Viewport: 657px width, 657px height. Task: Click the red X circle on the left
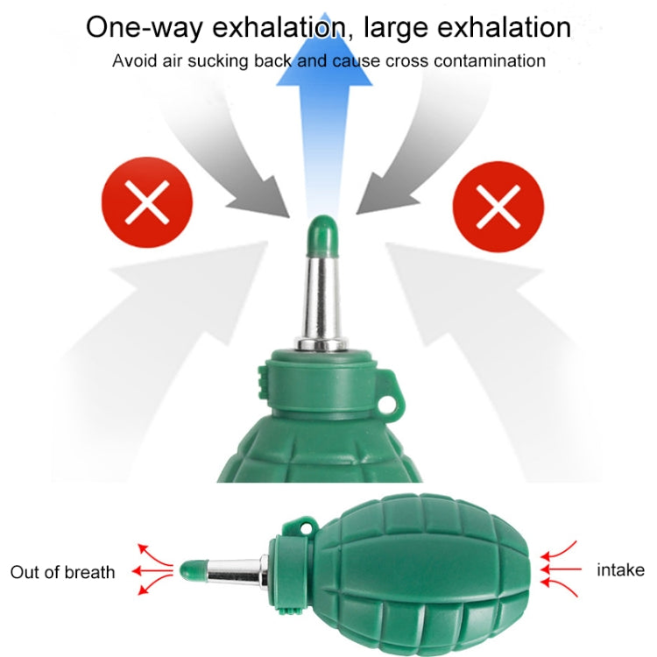(x=147, y=202)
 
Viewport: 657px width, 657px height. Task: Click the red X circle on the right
(x=498, y=207)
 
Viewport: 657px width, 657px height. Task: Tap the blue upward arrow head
(x=324, y=50)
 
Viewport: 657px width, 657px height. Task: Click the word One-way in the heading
(x=145, y=28)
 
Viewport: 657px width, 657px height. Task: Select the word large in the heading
(x=396, y=29)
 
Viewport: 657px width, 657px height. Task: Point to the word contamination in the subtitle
(x=490, y=61)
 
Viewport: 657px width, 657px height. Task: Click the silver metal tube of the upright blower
(x=321, y=301)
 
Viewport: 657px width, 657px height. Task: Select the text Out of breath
(x=62, y=572)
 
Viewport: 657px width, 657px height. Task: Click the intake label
(x=620, y=570)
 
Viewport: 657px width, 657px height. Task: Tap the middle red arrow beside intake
(x=561, y=569)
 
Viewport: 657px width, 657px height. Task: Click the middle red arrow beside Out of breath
(x=152, y=570)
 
